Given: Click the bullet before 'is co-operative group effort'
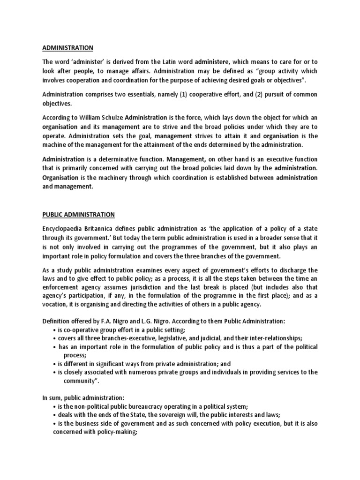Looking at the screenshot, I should tap(56, 330).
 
